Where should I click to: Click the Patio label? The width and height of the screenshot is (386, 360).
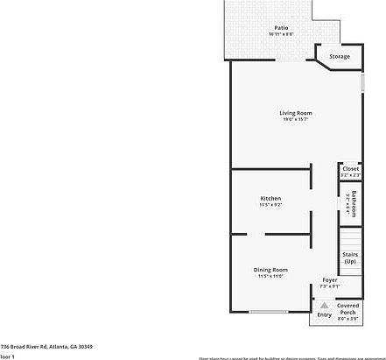tap(281, 28)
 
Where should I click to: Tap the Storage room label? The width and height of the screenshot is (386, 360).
tap(339, 57)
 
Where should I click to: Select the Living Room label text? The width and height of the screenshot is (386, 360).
tap(296, 113)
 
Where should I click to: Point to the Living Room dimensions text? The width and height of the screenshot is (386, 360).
tap(296, 119)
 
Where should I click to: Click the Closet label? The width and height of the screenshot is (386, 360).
tap(350, 168)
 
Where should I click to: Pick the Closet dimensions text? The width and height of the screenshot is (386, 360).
tap(350, 175)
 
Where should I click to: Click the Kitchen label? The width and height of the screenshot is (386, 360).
tap(270, 199)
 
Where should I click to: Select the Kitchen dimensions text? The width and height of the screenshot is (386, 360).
tap(270, 205)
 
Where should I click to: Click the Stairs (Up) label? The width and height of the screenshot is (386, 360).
tap(350, 258)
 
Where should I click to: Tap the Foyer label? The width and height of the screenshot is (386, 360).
tap(329, 280)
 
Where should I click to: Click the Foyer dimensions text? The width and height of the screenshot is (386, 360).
tap(329, 286)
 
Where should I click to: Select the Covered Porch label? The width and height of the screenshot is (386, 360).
tap(348, 308)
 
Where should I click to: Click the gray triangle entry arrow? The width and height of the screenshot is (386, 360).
tap(325, 305)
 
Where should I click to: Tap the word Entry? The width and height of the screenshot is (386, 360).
tap(325, 314)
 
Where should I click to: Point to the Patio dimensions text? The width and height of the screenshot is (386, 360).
tap(281, 34)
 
